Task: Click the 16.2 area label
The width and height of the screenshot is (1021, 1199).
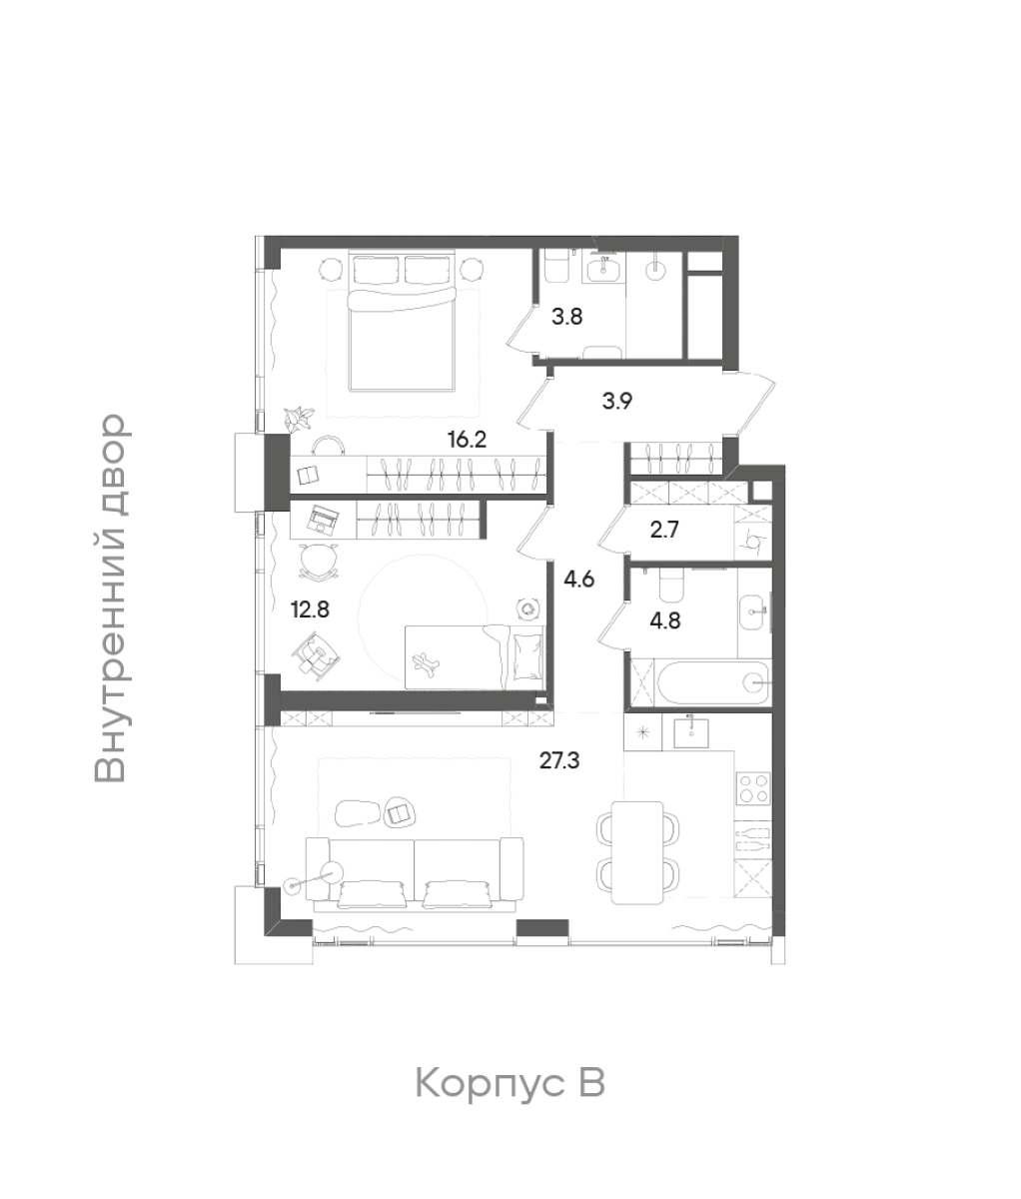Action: (x=467, y=441)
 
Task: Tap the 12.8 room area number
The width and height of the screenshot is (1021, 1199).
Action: (x=310, y=610)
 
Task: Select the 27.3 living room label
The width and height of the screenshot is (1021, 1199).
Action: (x=559, y=760)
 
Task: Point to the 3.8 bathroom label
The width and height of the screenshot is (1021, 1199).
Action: (x=566, y=318)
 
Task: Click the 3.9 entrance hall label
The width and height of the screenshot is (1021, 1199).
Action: (x=617, y=401)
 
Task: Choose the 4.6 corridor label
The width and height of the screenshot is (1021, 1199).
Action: (x=579, y=580)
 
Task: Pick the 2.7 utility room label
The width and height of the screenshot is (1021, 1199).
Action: (x=664, y=530)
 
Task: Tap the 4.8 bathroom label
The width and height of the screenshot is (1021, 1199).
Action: (x=664, y=621)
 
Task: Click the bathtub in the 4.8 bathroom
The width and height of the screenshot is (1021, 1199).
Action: (x=713, y=682)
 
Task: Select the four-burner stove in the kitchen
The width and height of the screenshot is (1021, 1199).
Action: (x=753, y=788)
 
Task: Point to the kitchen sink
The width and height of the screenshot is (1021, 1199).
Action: (x=691, y=732)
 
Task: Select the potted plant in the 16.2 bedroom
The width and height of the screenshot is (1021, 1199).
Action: (x=300, y=418)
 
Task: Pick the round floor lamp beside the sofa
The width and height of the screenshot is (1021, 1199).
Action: (x=332, y=873)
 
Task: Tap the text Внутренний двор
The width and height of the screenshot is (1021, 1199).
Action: (x=110, y=599)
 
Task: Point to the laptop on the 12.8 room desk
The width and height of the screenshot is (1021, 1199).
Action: (x=323, y=518)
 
